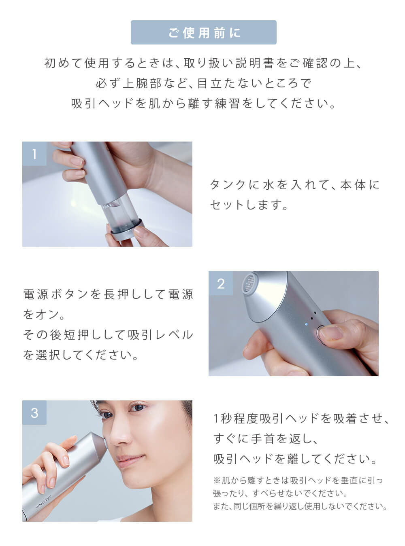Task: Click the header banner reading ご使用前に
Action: point(203,32)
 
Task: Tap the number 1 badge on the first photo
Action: point(34,154)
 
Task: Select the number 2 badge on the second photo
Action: point(221,283)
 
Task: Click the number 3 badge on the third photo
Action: point(34,413)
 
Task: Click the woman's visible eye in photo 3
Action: point(137,407)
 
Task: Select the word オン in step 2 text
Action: point(49,314)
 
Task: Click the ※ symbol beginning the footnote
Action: point(217,480)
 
